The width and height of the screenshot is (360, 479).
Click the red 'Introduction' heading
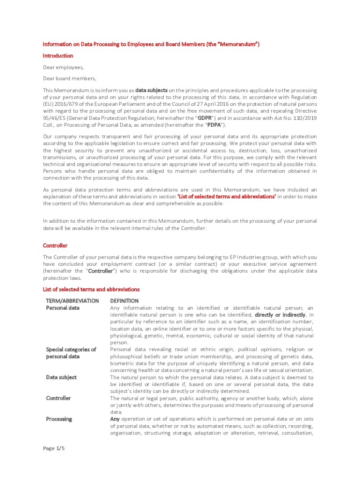[58, 56]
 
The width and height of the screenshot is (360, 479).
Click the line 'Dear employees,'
[63, 67]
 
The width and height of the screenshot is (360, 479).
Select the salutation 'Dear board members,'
[70, 79]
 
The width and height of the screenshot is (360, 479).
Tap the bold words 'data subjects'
[151, 90]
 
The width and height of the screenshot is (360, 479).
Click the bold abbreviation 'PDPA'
[214, 125]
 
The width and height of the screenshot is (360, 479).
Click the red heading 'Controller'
[55, 246]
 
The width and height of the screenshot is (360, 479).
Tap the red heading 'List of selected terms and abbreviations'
[91, 290]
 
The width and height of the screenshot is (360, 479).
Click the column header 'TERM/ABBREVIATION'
[72, 301]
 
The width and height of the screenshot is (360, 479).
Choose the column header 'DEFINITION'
[124, 301]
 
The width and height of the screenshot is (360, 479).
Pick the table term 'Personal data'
[63, 308]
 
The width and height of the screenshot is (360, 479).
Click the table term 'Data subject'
[61, 377]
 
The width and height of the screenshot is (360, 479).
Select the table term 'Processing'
[59, 419]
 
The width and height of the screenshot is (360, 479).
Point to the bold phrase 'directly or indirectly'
[280, 315]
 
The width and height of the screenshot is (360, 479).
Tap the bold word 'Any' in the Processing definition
[115, 419]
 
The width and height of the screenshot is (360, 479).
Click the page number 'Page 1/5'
[54, 448]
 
